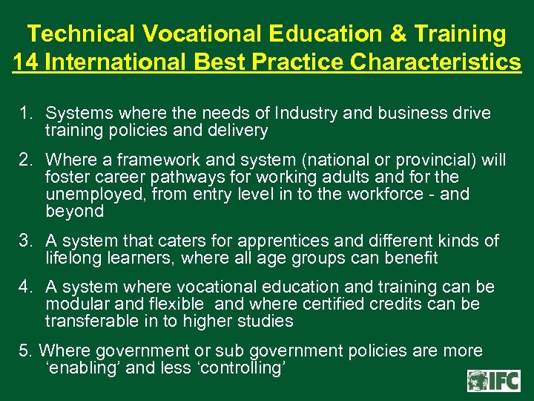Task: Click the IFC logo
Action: pos(493,380)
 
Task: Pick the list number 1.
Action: pos(27,114)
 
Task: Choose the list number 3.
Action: pos(27,241)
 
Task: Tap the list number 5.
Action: pos(25,351)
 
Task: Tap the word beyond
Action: pos(74,212)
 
